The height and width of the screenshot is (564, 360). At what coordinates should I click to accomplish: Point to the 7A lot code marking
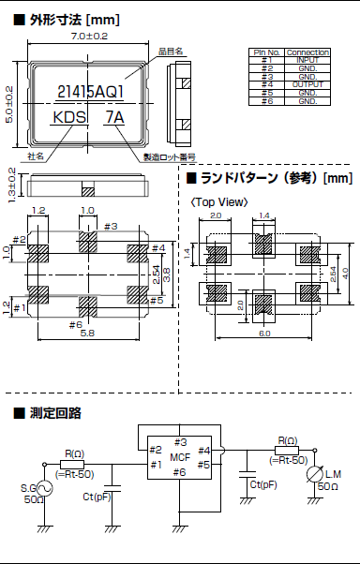(114, 118)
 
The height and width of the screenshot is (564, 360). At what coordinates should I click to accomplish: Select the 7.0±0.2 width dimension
(89, 35)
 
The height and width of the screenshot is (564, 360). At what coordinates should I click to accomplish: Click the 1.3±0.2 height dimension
(10, 185)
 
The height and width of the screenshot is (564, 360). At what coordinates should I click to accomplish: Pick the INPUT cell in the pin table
(307, 58)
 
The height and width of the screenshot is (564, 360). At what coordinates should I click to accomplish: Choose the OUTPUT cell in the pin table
(307, 84)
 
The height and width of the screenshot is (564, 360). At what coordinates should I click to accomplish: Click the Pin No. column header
(266, 52)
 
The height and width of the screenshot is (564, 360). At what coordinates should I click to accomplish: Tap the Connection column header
(307, 52)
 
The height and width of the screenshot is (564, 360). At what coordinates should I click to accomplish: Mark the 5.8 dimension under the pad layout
(86, 333)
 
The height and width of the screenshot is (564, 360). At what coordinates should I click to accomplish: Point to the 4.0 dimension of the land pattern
(344, 272)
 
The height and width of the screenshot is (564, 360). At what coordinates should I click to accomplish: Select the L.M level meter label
(334, 478)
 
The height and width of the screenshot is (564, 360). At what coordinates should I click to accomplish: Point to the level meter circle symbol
(313, 478)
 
